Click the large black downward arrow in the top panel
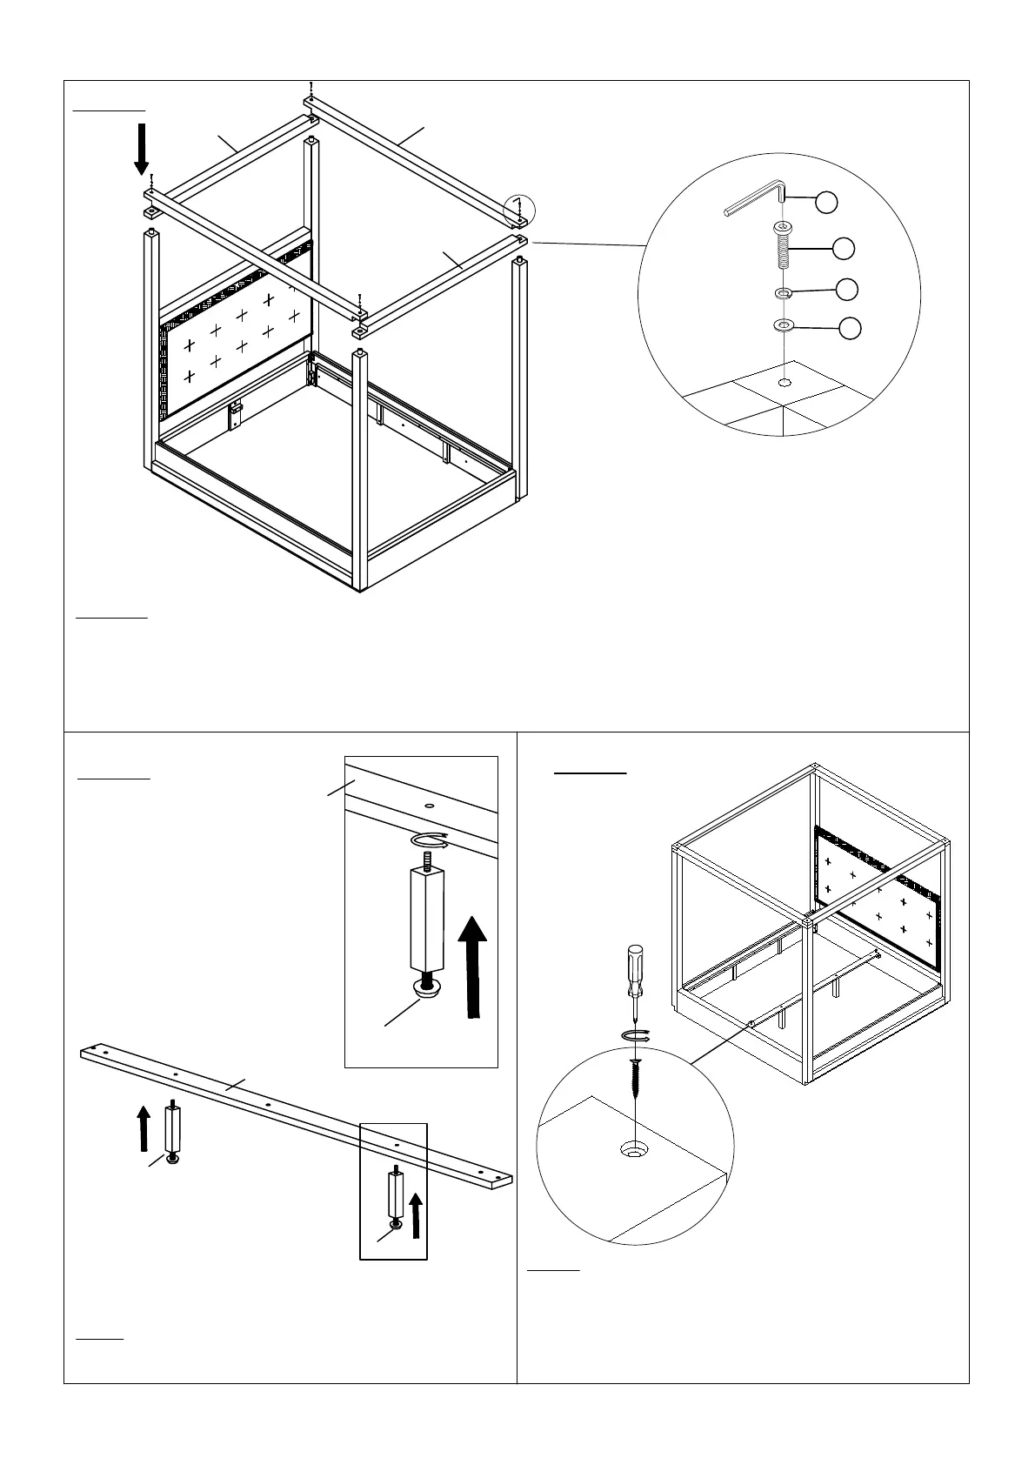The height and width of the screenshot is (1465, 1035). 141,149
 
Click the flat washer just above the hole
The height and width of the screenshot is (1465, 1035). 784,326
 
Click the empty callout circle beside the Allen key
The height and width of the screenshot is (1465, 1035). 826,202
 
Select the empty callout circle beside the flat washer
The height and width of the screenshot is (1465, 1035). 851,328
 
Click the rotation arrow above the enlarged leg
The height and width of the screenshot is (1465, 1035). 430,840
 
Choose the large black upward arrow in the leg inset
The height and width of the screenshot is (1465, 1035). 472,965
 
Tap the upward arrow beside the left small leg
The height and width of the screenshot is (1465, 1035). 144,1127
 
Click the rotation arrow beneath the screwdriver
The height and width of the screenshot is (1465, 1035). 637,1034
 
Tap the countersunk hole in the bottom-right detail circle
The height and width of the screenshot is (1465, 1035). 634,1150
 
